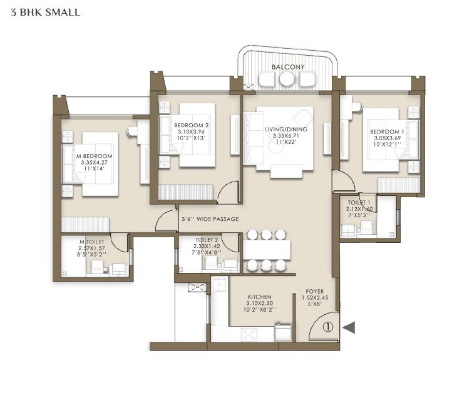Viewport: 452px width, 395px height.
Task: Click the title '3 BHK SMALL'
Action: pos(45,12)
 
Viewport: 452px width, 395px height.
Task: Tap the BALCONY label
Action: pos(287,67)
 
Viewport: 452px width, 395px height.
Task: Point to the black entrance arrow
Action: pos(349,326)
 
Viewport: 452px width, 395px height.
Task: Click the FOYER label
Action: pos(314,291)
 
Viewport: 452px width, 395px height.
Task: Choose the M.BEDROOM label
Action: pos(94,156)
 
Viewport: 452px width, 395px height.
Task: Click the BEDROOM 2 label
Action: pos(190,125)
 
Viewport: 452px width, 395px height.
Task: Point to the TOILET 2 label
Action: pos(206,239)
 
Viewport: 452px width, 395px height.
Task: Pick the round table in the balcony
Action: pos(287,79)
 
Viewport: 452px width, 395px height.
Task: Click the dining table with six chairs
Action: pos(267,250)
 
